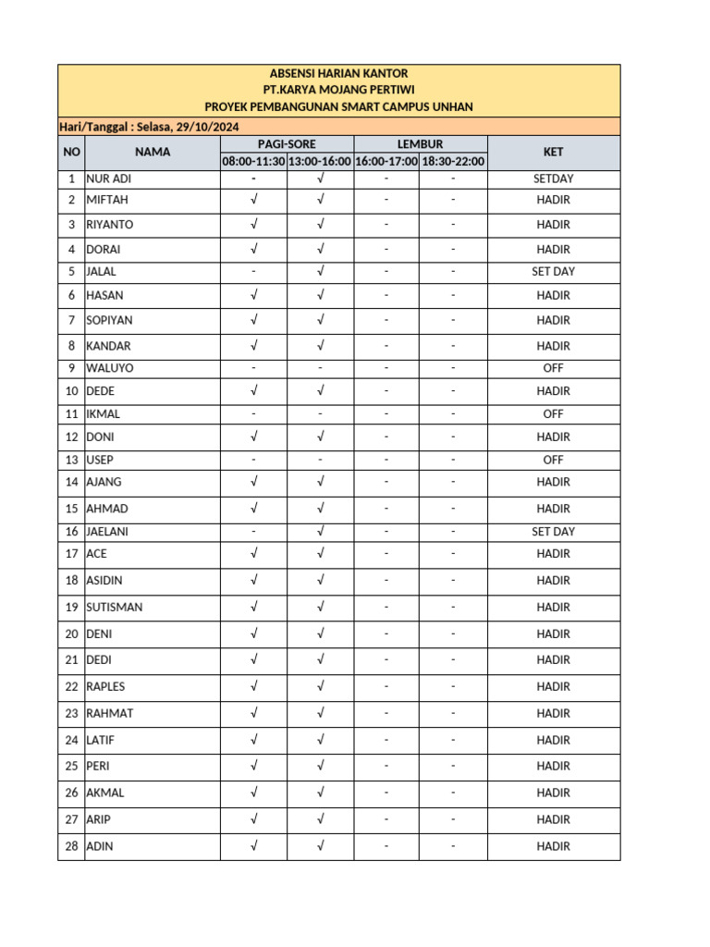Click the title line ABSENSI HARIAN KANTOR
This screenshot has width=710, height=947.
click(x=338, y=73)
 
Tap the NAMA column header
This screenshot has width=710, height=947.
click(x=152, y=153)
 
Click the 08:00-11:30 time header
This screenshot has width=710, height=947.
click(x=253, y=162)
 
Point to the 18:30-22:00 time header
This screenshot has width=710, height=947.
click(x=453, y=162)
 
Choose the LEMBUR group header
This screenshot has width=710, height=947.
click(x=420, y=144)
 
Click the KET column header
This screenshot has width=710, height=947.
click(x=553, y=153)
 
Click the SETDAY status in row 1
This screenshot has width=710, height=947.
click(x=553, y=179)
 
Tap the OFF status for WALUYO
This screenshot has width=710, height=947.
click(x=553, y=368)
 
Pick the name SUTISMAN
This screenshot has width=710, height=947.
click(x=114, y=608)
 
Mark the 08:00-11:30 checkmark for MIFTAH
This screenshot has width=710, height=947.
click(x=253, y=200)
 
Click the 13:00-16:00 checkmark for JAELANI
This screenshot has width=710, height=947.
click(x=320, y=532)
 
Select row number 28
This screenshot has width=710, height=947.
click(x=71, y=846)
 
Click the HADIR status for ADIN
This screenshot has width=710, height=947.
click(x=553, y=846)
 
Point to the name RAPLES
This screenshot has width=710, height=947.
click(x=105, y=687)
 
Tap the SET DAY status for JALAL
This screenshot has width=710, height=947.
click(x=553, y=272)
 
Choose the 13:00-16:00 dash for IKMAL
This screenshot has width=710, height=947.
click(x=320, y=414)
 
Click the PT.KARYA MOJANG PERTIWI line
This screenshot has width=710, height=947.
click(x=338, y=90)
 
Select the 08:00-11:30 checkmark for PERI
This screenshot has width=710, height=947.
click(x=253, y=767)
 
